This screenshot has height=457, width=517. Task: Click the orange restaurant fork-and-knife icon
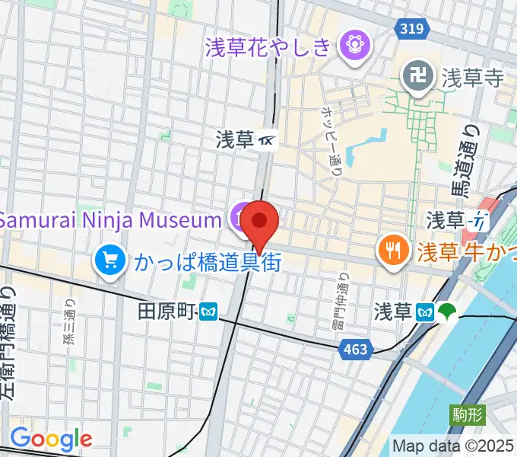392,249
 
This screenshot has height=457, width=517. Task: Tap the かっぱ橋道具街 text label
208,263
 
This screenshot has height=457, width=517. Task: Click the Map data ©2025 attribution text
453,445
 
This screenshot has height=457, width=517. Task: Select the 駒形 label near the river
466,414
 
